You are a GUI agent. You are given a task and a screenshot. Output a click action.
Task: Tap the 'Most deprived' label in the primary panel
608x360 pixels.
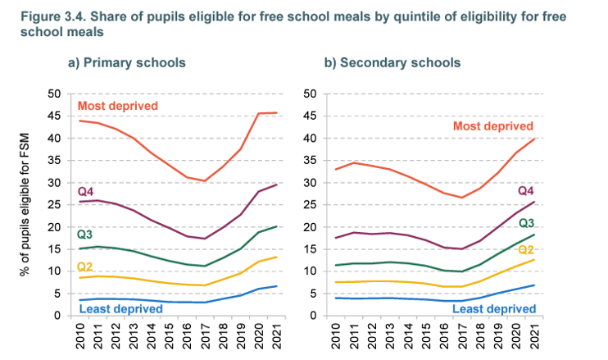pyautogui.click(x=117, y=106)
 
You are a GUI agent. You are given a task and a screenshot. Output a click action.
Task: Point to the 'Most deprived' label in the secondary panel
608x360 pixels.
pyautogui.click(x=492, y=126)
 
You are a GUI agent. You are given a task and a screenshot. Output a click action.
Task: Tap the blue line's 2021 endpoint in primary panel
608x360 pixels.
pyautogui.click(x=275, y=286)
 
